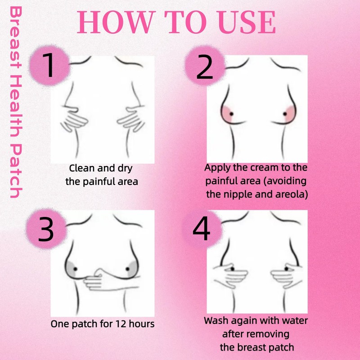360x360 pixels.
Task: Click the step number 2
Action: pos(205,67)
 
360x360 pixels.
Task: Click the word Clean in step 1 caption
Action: pos(82,169)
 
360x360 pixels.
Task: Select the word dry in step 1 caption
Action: pos(125,169)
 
